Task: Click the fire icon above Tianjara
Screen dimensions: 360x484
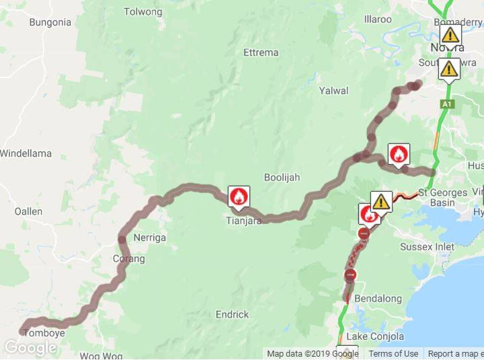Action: coord(237,196)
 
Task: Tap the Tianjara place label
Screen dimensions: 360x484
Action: coord(243,219)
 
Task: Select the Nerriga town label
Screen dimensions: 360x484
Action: coord(149,238)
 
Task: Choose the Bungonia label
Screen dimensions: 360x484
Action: coord(50,22)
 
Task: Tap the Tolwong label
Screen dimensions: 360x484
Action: coord(143,11)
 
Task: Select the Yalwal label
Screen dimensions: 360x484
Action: coord(334,90)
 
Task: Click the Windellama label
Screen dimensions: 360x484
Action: coord(26,153)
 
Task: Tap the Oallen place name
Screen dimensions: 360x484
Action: coord(28,211)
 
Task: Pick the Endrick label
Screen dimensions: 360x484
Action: coord(232,314)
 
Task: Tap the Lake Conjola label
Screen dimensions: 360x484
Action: coord(376,336)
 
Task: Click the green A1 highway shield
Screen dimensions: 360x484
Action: coord(446,104)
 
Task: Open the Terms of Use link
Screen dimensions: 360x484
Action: coord(393,353)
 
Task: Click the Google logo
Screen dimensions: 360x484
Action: coord(30,348)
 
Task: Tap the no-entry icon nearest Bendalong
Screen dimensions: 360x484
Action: coord(350,275)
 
